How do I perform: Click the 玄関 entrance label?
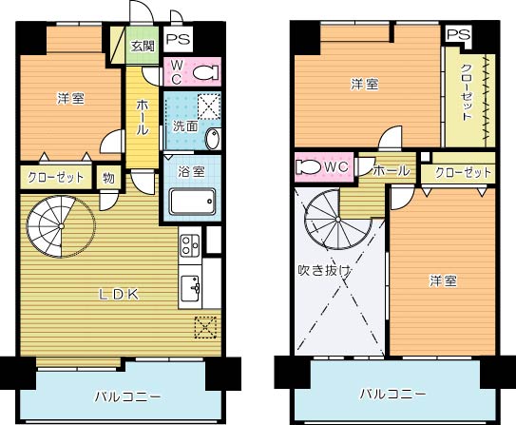tap(143, 46)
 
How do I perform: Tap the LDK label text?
tap(121, 294)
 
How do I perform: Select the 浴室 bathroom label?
tap(191, 172)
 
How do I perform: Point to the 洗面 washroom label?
tap(185, 126)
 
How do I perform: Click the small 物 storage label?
tap(108, 177)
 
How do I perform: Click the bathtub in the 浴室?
tap(193, 202)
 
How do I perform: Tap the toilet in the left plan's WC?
tap(201, 72)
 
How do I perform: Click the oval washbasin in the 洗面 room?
tap(212, 137)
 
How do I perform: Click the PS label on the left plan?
tap(177, 40)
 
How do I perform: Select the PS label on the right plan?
tap(458, 34)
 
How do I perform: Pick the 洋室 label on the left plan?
tap(69, 98)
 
